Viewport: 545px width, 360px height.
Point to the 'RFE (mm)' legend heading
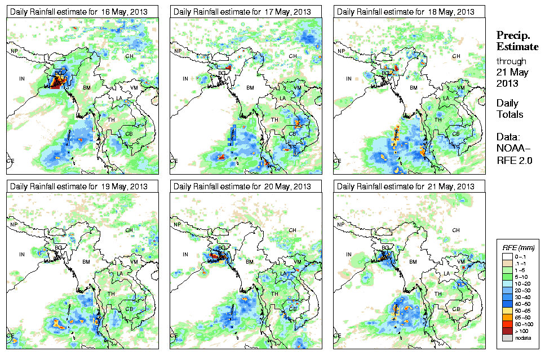coord(518,248)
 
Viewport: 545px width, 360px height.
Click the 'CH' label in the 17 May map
coord(293,56)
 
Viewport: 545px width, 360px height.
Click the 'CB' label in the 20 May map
coord(292,308)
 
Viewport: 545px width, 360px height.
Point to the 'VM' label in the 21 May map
coord(460,263)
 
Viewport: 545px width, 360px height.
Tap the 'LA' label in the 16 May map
coord(119,99)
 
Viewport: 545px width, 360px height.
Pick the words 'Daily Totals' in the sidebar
coord(509,109)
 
